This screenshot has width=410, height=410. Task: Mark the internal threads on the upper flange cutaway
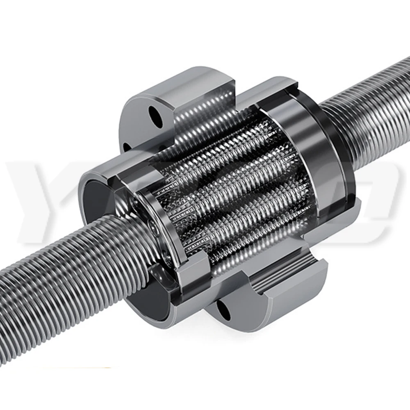coord(197,119)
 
